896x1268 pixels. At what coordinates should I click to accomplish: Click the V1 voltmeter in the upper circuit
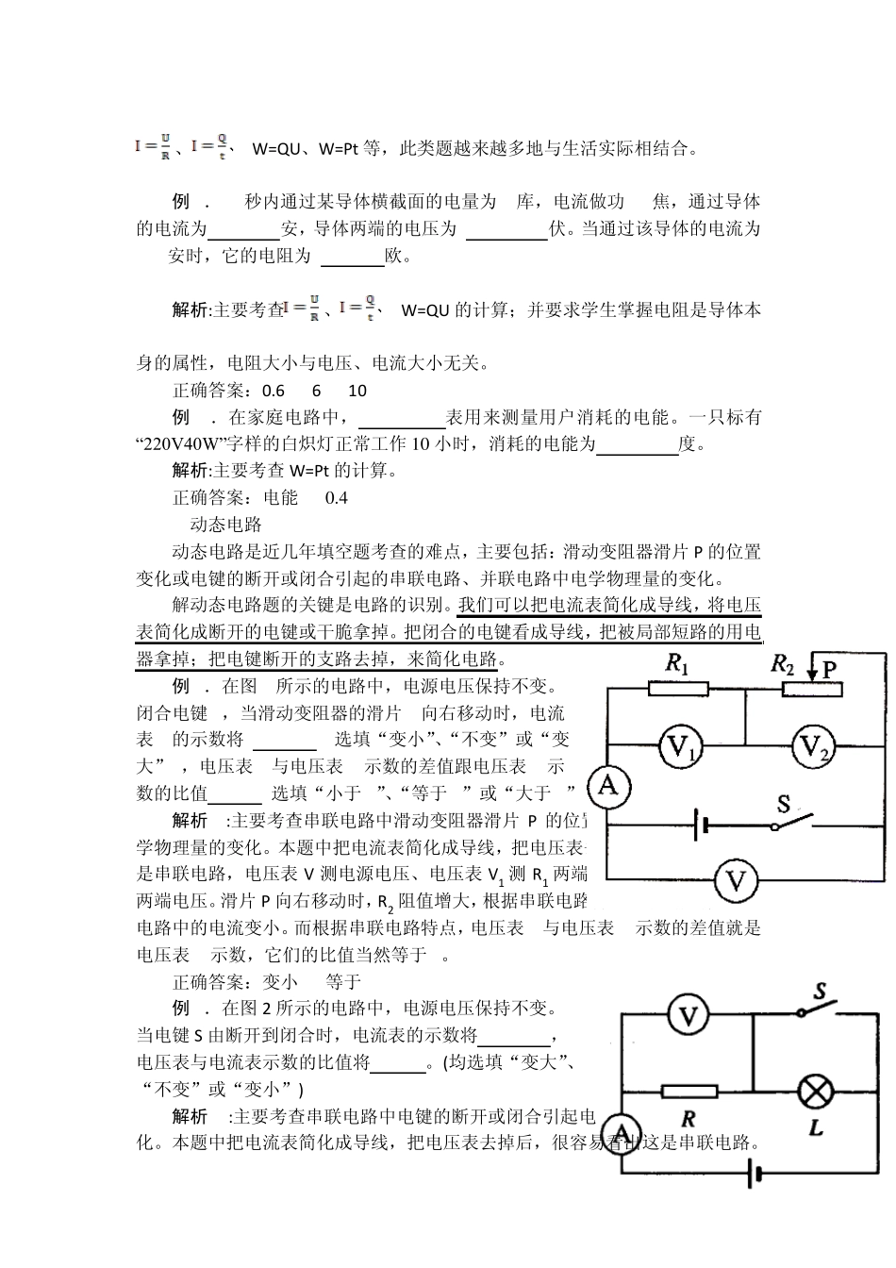point(679,747)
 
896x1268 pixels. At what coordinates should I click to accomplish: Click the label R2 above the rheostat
point(782,663)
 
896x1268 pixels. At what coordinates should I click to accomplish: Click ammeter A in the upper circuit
point(608,785)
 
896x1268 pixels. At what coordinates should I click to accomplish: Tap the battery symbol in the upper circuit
point(701,826)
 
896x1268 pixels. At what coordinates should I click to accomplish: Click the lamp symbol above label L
point(815,1092)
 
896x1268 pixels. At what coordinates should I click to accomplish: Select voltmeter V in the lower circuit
point(689,1016)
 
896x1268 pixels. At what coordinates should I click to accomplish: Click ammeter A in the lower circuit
point(622,1132)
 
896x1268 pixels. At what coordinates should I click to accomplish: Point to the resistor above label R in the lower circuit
point(689,1092)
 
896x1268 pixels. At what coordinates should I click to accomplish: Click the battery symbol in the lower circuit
point(754,1175)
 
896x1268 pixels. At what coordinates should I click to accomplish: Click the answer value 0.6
point(274,391)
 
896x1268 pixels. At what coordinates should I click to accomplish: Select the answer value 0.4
point(337,497)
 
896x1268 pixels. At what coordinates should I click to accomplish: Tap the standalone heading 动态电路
point(225,525)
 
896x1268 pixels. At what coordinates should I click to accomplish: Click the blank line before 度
point(638,445)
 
